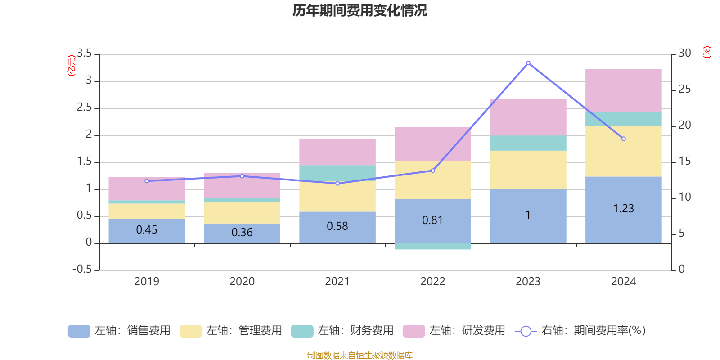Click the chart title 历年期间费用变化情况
(360, 10)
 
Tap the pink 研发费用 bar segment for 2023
(528, 117)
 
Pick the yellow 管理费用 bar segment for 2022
(432, 180)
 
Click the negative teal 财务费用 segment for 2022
(432, 246)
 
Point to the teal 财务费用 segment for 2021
(337, 173)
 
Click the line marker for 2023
(528, 63)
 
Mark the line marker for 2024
(623, 139)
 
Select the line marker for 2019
(147, 181)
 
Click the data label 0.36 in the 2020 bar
(242, 232)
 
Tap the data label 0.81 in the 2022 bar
(432, 220)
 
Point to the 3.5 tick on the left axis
(84, 54)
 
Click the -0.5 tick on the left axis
(82, 269)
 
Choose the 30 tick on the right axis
(685, 53)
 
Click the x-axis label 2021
(337, 282)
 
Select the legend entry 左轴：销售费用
(119, 331)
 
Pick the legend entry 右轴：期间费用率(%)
(580, 331)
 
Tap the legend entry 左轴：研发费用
(454, 331)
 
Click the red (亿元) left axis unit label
(71, 66)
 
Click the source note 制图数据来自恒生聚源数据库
(360, 355)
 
